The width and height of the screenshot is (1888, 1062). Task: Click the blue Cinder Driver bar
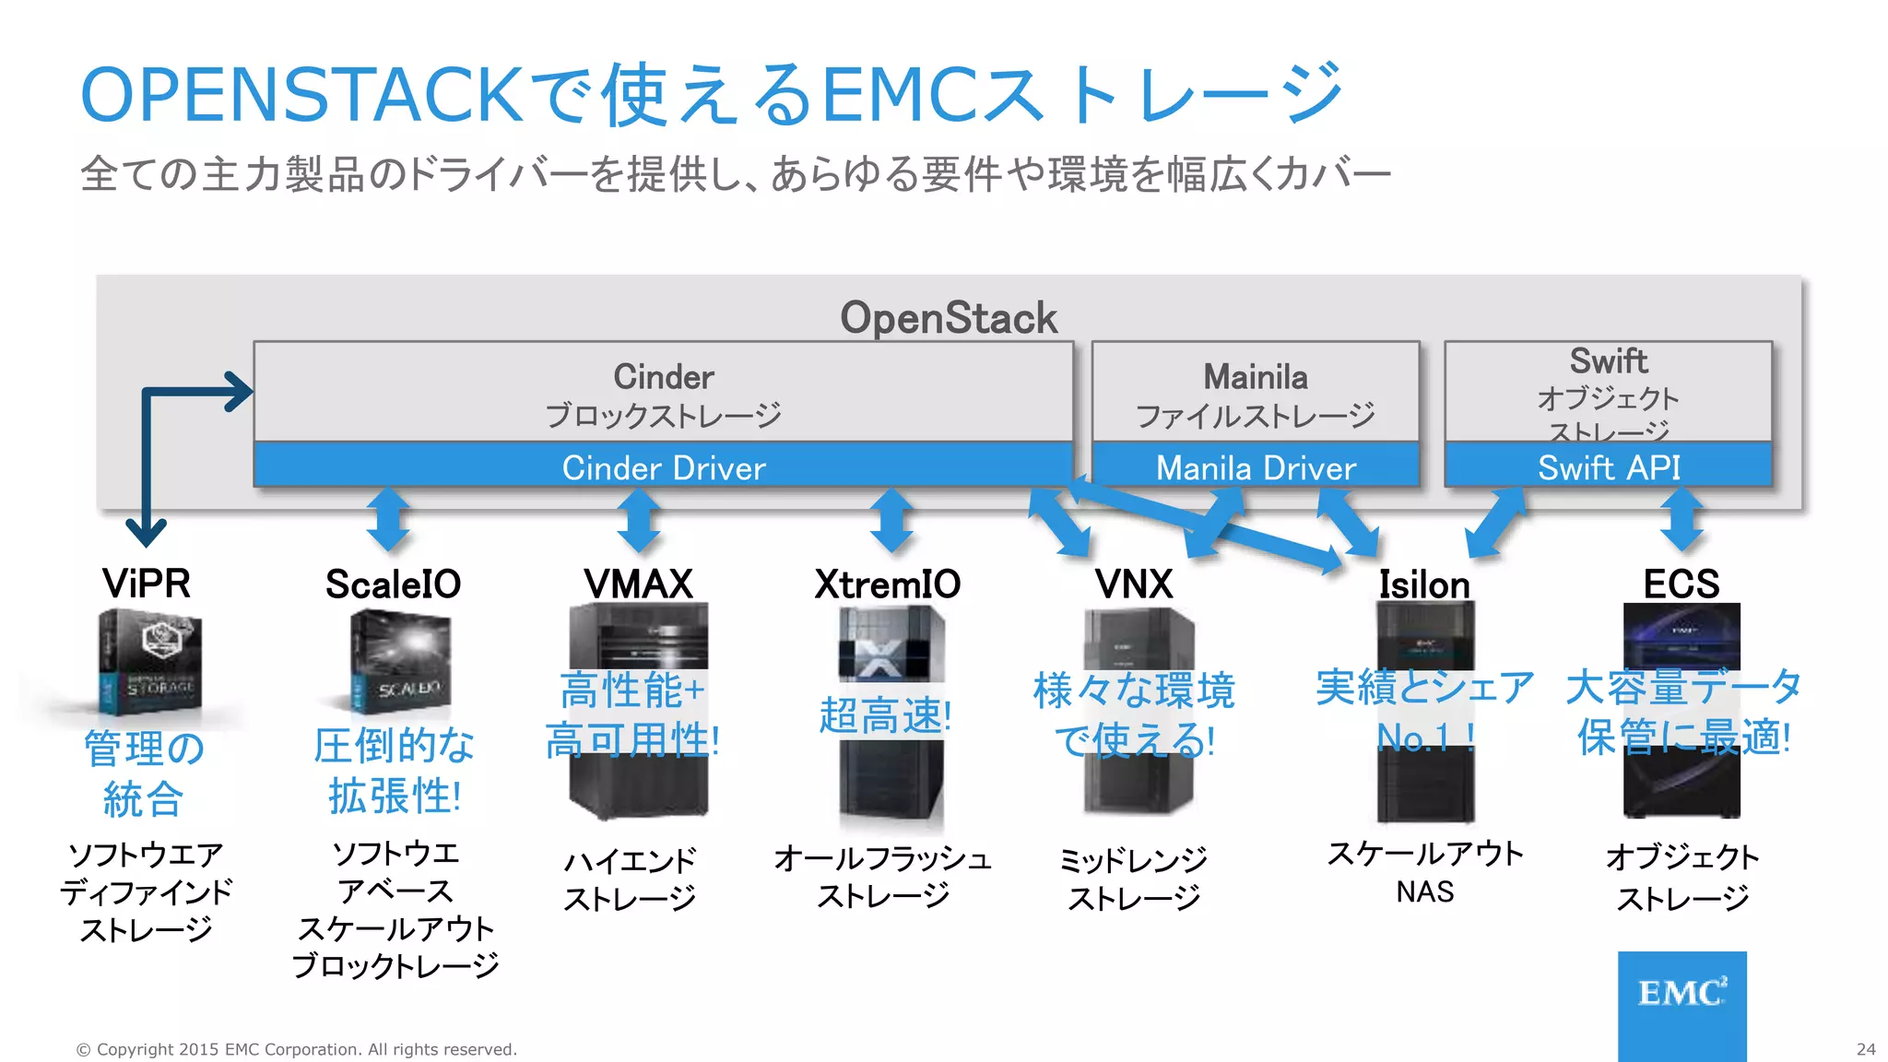664,467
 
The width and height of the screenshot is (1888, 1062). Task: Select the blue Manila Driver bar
1256,467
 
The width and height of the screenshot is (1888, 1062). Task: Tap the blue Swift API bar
1609,467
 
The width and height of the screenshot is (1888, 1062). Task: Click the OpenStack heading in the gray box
949,318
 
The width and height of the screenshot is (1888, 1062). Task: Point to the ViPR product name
147,584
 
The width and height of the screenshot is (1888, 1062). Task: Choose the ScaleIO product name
394,584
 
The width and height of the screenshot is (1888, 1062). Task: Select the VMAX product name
638,584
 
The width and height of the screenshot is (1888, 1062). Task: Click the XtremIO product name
888,584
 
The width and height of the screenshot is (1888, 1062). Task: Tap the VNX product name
1134,584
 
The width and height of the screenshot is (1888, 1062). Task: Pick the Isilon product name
1424,584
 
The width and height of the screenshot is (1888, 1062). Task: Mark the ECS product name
1681,584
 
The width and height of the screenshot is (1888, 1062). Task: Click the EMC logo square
1681,1005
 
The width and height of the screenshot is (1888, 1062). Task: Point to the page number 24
1866,1049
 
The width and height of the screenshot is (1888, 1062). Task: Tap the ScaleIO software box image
401,662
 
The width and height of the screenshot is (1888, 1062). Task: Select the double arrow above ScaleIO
388,519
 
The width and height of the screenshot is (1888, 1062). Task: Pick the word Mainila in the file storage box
1256,377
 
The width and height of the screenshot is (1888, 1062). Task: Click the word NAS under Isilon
1425,891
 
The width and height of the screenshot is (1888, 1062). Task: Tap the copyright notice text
297,1049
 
